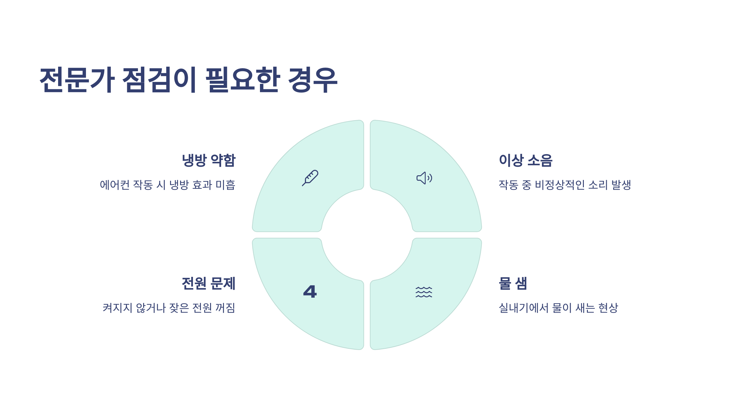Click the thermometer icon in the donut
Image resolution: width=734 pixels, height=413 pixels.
pos(310,178)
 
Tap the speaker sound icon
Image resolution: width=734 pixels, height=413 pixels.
pos(424,178)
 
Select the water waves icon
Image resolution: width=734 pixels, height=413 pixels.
pos(424,292)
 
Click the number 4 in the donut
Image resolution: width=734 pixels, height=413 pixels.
pos(310,292)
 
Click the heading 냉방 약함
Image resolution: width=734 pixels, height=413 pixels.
pos(209,160)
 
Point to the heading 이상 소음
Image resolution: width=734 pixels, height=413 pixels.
pos(525,160)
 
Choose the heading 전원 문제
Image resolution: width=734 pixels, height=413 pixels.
pos(209,283)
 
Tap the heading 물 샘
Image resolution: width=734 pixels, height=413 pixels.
pos(513,283)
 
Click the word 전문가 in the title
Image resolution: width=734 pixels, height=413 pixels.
pos(77,80)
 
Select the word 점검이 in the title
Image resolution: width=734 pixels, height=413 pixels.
pos(159,80)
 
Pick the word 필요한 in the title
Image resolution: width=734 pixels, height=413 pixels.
pos(243,80)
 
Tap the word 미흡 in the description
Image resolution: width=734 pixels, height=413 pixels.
pos(225,185)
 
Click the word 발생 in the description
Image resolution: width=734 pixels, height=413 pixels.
pos(621,185)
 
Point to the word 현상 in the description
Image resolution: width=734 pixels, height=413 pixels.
pos(608,308)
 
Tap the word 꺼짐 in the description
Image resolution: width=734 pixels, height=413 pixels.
pos(225,308)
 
